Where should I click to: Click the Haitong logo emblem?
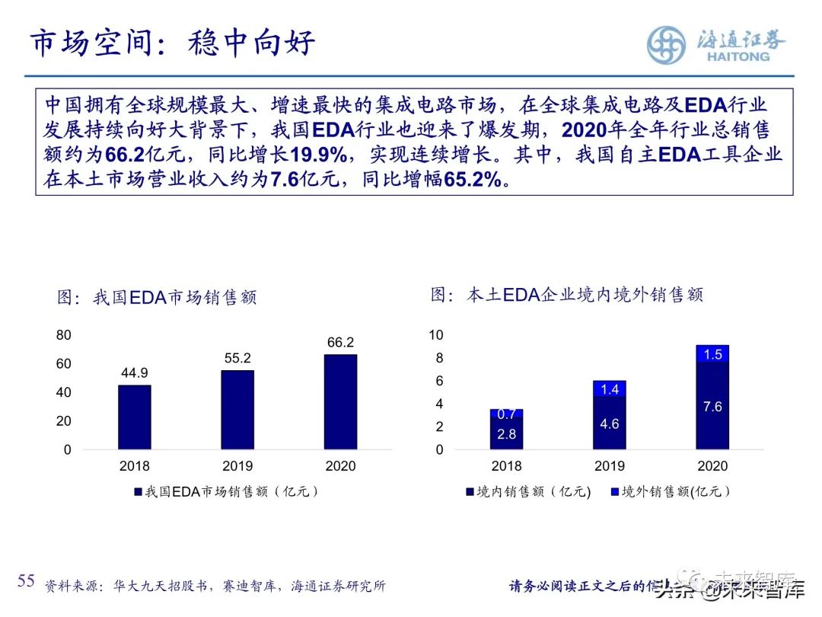pos(667,45)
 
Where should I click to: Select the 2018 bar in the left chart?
pos(134,417)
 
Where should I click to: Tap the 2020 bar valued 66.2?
pos(340,401)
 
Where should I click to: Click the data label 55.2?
pos(237,357)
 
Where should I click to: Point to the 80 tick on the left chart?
pos(63,335)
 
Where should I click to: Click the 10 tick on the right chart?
pos(436,335)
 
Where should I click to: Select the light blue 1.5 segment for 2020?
pos(712,354)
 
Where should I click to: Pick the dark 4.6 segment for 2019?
pos(609,424)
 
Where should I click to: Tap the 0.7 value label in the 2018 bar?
pos(506,414)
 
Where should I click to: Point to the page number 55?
pos(27,581)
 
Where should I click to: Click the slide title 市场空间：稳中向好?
pos(172,43)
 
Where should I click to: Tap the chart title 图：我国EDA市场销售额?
pos(157,297)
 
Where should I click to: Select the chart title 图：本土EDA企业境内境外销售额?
pos(566,295)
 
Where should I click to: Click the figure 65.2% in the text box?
pos(473,180)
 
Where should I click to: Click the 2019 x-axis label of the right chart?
pos(609,466)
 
